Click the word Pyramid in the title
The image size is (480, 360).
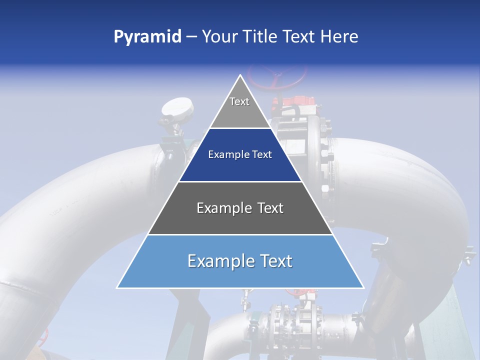pos(147,37)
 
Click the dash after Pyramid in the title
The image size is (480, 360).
pos(191,37)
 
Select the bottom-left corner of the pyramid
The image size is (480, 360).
pos(117,287)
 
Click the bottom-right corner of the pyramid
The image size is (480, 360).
pos(363,287)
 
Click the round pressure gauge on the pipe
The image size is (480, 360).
pos(177,108)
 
